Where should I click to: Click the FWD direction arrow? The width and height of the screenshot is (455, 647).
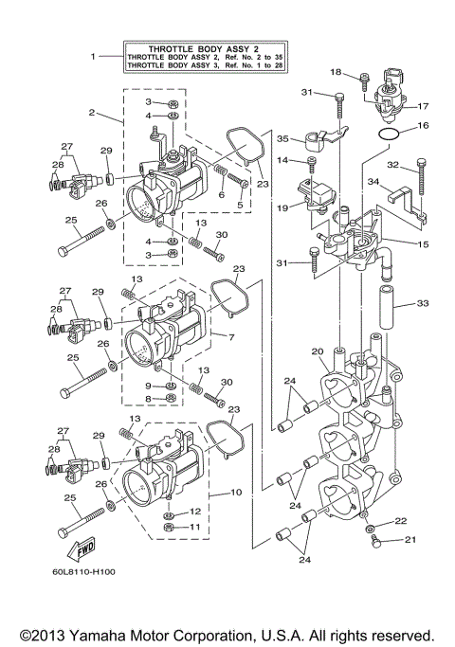click(x=74, y=551)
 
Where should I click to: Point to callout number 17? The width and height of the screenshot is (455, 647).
click(x=424, y=106)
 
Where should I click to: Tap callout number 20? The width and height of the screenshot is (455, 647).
click(x=318, y=351)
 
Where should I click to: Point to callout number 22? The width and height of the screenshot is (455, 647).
click(x=400, y=521)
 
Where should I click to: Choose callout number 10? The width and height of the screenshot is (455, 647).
click(x=236, y=493)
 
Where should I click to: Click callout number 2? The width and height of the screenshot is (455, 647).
click(x=92, y=113)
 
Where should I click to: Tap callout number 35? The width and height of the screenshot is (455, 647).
click(x=282, y=138)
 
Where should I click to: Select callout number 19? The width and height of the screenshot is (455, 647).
click(x=282, y=207)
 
